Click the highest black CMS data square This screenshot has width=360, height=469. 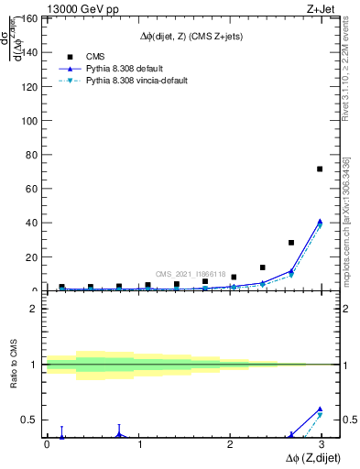coord(320,169)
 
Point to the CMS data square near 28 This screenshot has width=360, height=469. coord(291,243)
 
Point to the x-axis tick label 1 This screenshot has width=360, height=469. coord(139,444)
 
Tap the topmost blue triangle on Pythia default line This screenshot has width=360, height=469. coord(320,221)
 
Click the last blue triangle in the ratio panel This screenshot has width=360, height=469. coord(320,409)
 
